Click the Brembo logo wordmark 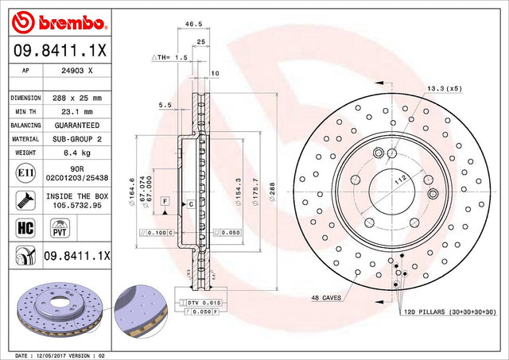pos(72,23)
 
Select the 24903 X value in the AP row pos(77,71)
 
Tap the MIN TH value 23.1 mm pos(77,112)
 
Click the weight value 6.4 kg pos(77,153)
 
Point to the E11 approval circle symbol pos(25,173)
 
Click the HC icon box pos(25,227)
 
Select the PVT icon pos(60,228)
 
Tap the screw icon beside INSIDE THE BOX pos(25,200)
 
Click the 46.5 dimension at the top pos(193,24)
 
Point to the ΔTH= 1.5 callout pos(169,57)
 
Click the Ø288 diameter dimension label pos(272,192)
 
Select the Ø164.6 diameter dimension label pos(131,192)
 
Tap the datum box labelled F pos(165,201)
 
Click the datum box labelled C pos(191,204)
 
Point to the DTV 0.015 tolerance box pos(204,303)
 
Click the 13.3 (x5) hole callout pos(444,88)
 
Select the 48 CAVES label pos(326,298)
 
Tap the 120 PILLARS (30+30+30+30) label pos(450,312)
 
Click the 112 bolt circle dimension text pos(400,180)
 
